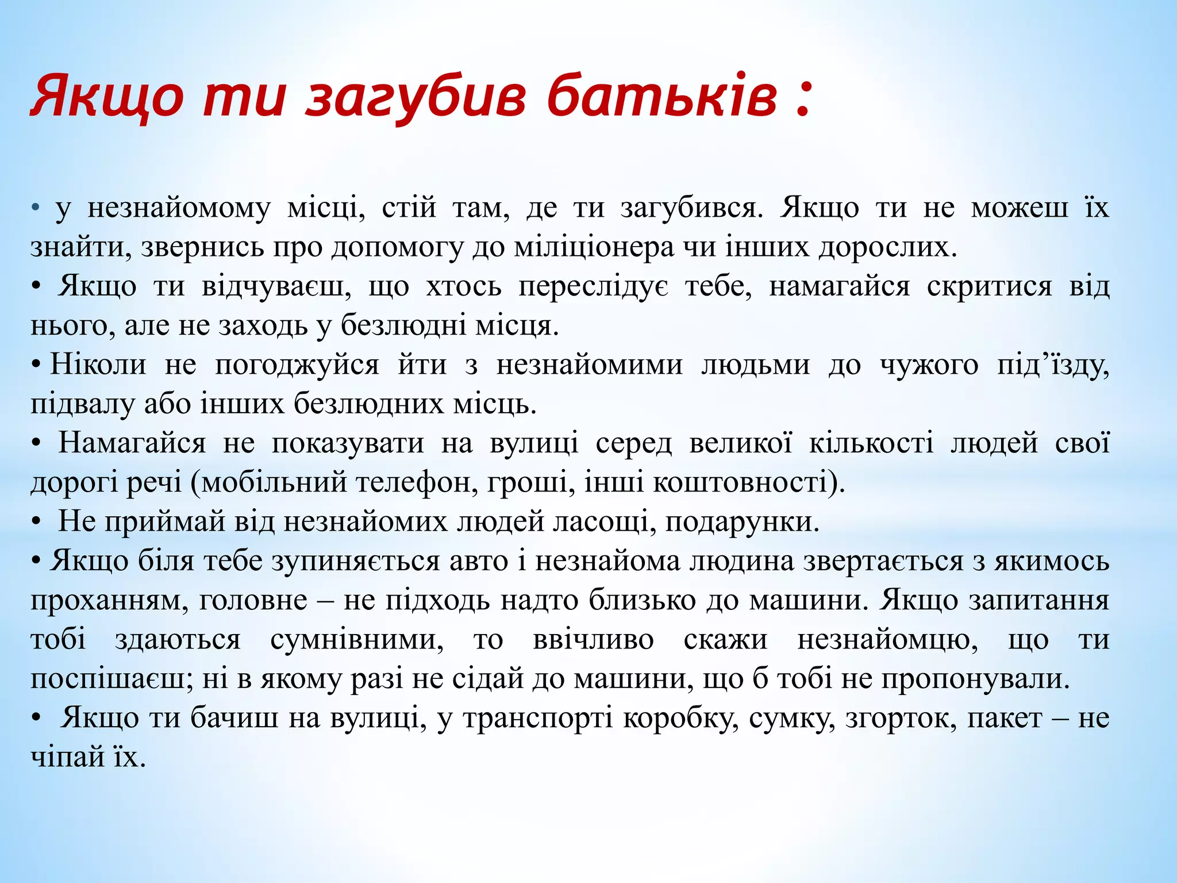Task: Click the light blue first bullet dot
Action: pyautogui.click(x=36, y=208)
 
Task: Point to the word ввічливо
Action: pyautogui.click(x=593, y=639)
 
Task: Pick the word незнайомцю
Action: pyautogui.click(x=888, y=639)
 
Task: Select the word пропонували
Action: pyautogui.click(x=975, y=679)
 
